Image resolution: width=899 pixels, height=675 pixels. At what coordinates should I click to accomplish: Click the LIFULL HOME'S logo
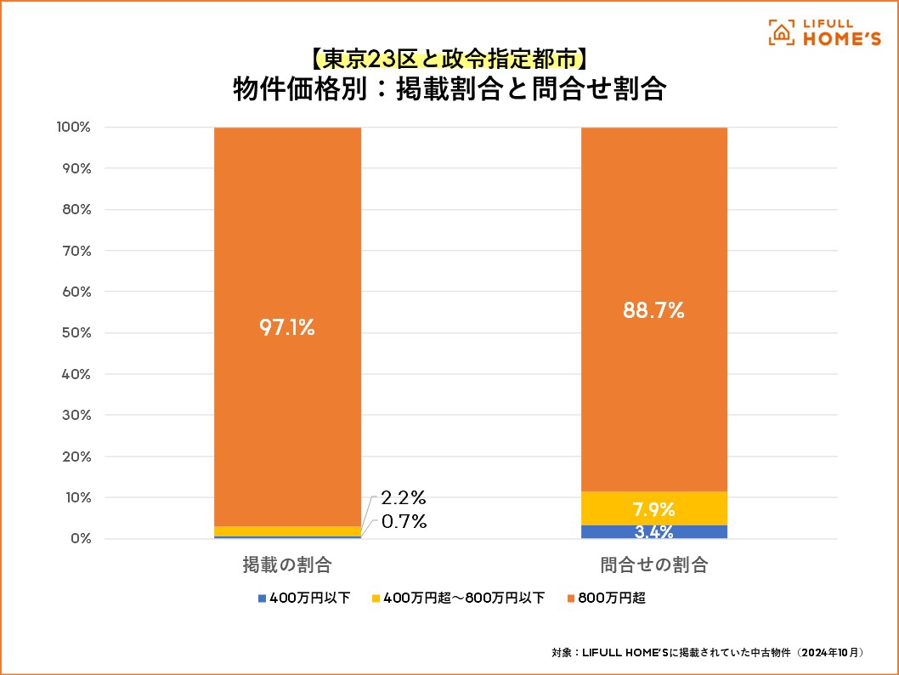click(x=824, y=31)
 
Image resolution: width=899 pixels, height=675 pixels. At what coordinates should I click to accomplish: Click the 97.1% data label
click(x=287, y=327)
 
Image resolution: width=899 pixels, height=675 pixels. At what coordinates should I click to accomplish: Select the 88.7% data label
click(x=654, y=310)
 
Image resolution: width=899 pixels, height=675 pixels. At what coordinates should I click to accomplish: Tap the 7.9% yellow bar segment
click(x=654, y=509)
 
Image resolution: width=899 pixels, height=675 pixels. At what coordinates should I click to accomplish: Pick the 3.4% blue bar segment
click(x=654, y=532)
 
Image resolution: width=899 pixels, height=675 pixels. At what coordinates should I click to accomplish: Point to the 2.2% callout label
click(x=403, y=497)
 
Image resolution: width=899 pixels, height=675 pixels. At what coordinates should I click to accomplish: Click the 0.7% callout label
click(x=403, y=522)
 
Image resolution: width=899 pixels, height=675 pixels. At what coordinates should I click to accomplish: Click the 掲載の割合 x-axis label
click(x=287, y=564)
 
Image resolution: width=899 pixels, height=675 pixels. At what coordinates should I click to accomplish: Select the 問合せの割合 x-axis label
click(x=654, y=564)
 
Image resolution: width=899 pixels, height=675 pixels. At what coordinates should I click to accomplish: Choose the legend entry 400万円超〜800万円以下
click(x=458, y=598)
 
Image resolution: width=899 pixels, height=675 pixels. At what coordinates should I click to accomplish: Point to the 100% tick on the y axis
click(x=73, y=128)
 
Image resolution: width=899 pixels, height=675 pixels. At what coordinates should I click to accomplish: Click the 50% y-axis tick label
click(x=75, y=332)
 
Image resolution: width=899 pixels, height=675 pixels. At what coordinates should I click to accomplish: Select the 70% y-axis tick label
click(x=75, y=251)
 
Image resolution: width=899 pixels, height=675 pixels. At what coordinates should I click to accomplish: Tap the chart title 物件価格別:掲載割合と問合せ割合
click(x=449, y=89)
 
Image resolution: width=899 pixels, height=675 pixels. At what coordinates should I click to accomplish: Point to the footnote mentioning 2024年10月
click(x=708, y=652)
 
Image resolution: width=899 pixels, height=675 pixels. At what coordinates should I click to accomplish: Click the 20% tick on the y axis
click(x=75, y=457)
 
